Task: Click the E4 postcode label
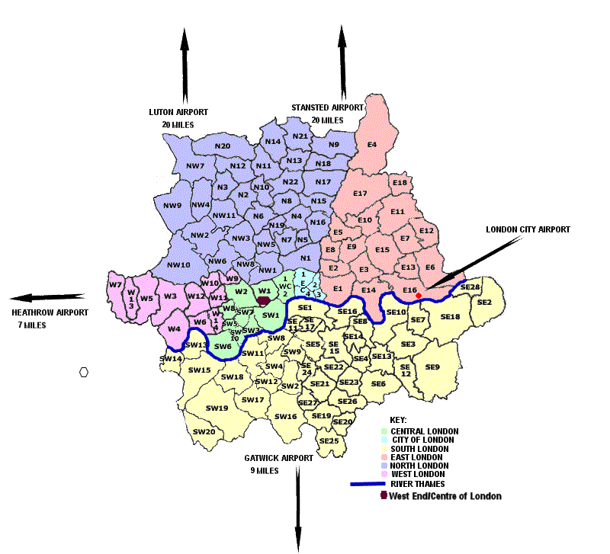(x=372, y=143)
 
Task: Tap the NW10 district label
(x=178, y=264)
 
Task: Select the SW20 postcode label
(x=204, y=431)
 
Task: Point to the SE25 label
(x=329, y=440)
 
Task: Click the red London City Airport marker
(x=419, y=295)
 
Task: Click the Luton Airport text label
(x=178, y=112)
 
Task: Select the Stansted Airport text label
(x=327, y=108)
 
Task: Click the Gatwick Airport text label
(x=279, y=459)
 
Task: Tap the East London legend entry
(x=422, y=456)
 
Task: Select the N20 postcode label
(x=222, y=146)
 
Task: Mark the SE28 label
(x=470, y=287)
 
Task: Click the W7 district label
(x=116, y=285)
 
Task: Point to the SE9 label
(x=432, y=367)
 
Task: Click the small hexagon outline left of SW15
(x=84, y=372)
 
